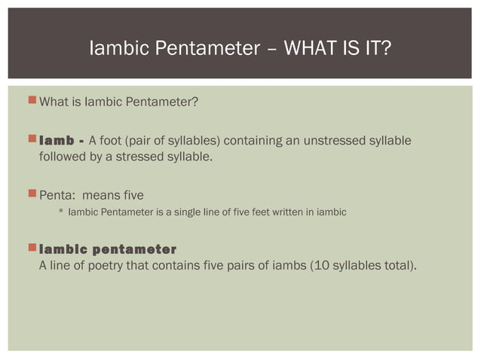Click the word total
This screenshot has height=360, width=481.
tap(393, 265)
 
